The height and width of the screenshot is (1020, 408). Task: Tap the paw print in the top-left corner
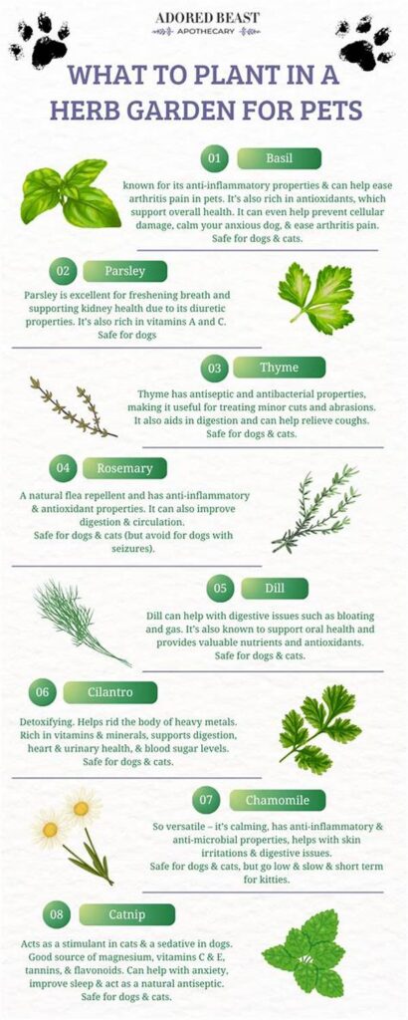click(40, 41)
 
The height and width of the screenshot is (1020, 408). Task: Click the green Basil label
click(279, 158)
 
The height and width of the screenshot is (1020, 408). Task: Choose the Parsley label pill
click(125, 271)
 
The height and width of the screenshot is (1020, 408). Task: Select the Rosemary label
click(124, 467)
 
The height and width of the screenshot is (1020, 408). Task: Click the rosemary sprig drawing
click(315, 509)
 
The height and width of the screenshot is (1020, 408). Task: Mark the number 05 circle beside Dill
click(220, 588)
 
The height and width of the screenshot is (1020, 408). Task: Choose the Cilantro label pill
click(110, 692)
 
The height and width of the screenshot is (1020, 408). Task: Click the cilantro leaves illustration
click(317, 728)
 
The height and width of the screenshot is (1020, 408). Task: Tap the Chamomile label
click(278, 800)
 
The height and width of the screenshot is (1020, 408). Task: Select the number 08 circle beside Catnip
click(58, 913)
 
